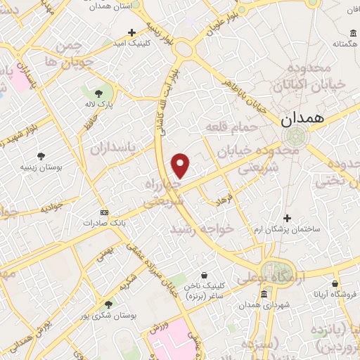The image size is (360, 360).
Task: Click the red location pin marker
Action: tap(181, 166)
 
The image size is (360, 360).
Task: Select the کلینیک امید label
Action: tap(131, 44)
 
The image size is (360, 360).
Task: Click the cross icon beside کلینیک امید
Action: tap(131, 32)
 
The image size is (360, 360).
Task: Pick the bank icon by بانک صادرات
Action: tap(105, 212)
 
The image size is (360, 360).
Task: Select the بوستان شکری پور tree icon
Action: tap(108, 304)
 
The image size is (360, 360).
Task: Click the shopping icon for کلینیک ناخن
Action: tap(204, 275)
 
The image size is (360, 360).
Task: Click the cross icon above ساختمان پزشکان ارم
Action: tap(287, 219)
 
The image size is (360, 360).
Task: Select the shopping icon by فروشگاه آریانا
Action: tap(350, 282)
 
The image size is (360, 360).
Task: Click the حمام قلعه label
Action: tap(228, 127)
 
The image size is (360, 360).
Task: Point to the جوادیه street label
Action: tap(52, 209)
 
